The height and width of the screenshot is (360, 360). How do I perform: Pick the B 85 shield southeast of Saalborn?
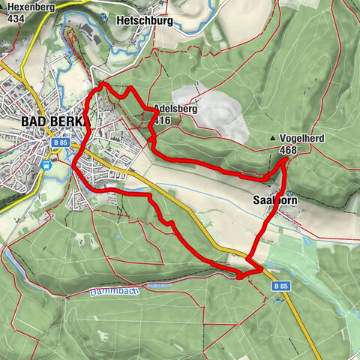click(x=280, y=286)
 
